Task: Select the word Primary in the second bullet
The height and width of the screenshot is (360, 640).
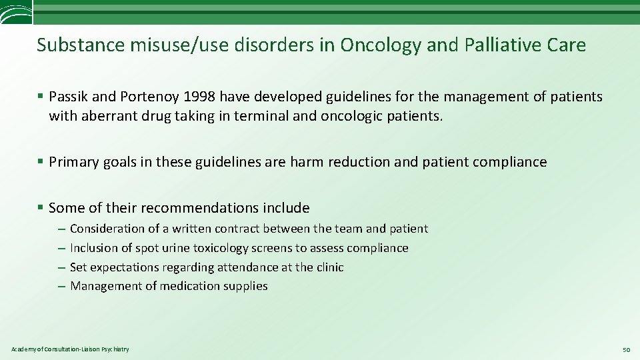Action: pos(75,162)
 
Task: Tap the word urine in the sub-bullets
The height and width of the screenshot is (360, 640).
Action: pos(176,248)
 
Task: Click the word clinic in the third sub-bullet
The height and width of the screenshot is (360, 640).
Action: pos(329,267)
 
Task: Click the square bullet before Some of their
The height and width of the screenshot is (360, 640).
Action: pos(41,208)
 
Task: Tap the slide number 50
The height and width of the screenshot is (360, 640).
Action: pos(626,349)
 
